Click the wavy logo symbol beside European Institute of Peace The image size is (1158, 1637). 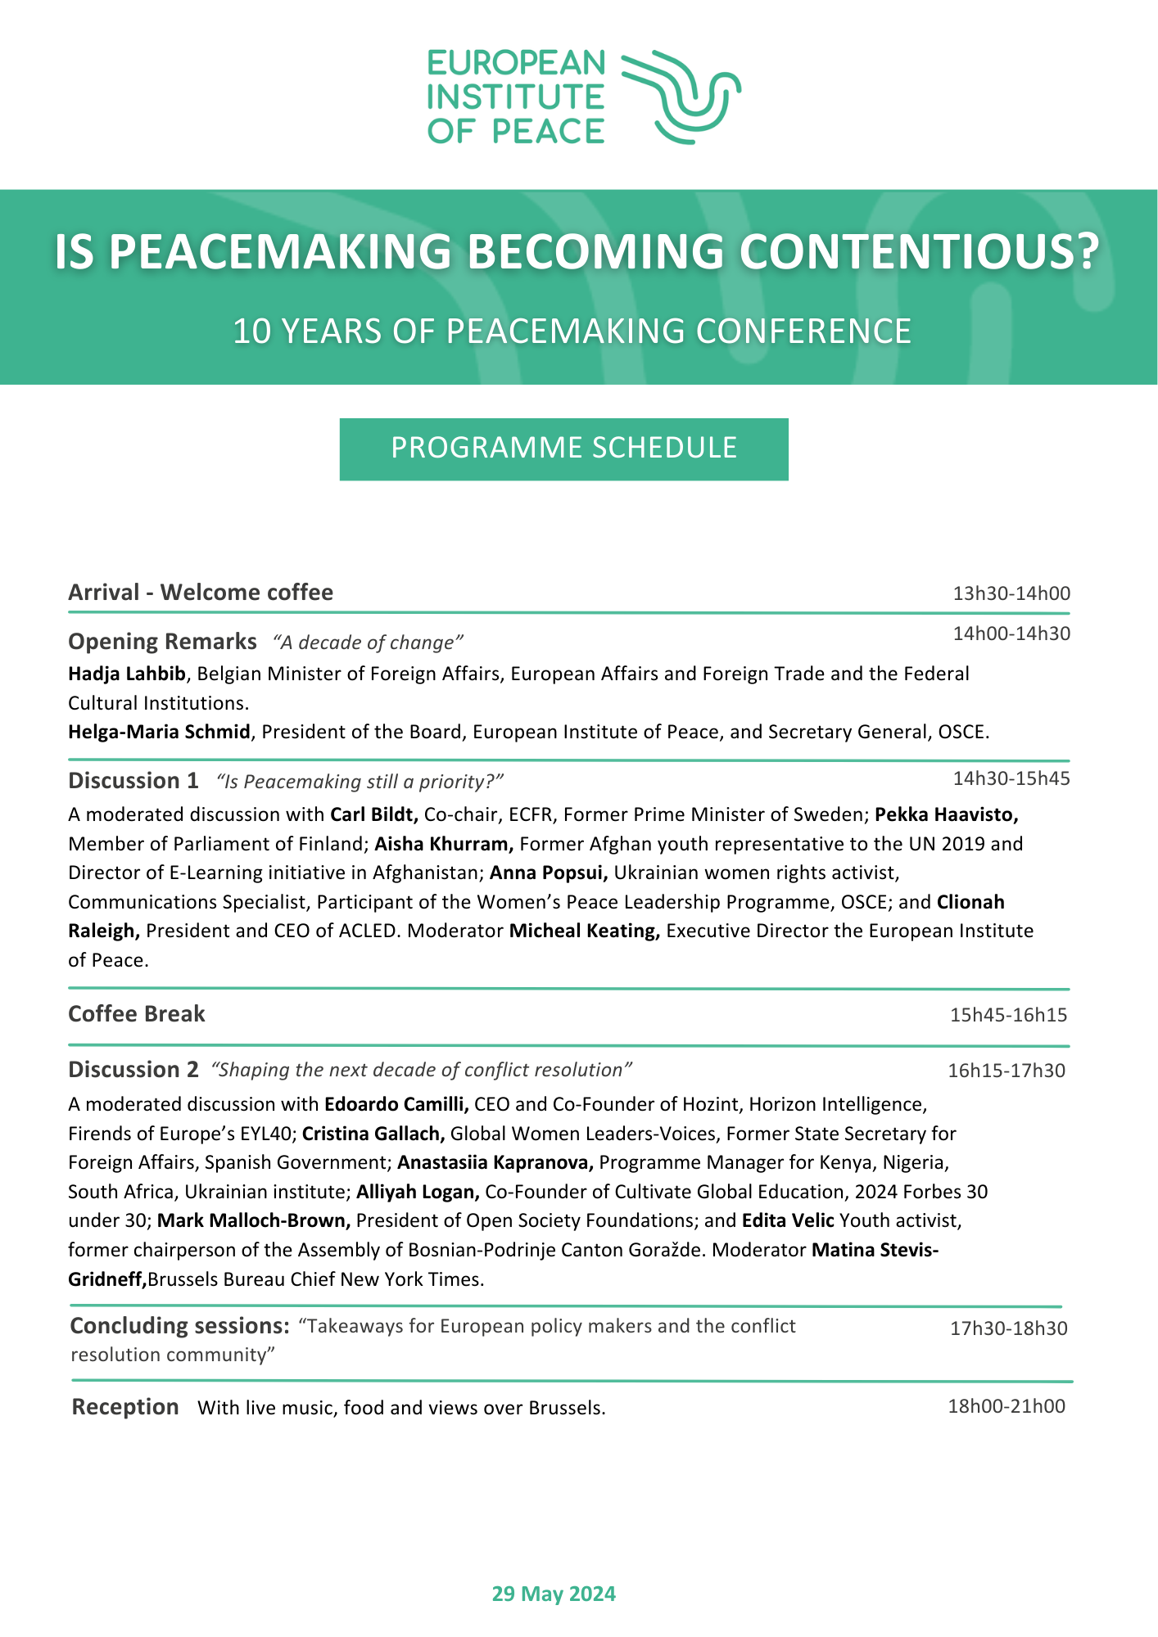[681, 97]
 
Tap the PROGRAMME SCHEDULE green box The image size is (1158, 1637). [563, 449]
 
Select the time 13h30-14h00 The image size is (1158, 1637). [1011, 593]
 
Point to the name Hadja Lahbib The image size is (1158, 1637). [127, 674]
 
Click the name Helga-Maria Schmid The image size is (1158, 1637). [159, 732]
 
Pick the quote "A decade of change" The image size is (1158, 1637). [369, 643]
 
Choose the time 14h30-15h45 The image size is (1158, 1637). [1011, 778]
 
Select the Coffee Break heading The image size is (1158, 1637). [137, 1014]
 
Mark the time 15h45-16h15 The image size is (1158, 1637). [1008, 1016]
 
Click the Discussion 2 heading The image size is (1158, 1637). [133, 1070]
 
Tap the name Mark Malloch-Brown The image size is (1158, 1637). [254, 1220]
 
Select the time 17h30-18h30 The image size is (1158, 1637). [1008, 1328]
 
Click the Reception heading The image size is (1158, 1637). [125, 1407]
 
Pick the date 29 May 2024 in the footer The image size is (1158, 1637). [554, 1594]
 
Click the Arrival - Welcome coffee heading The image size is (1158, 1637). [201, 593]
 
